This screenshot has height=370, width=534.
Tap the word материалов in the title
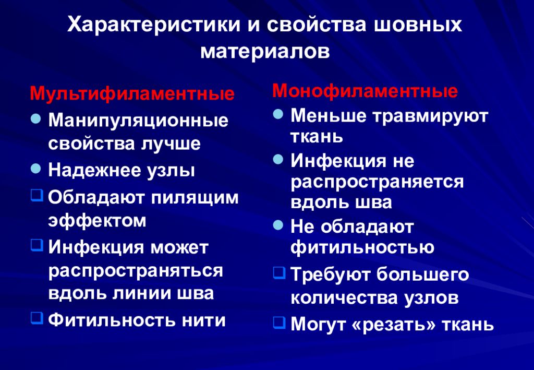265,52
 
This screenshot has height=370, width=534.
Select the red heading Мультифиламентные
132,94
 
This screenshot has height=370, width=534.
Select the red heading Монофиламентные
365,91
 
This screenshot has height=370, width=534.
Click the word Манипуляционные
138,121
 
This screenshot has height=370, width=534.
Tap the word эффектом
98,220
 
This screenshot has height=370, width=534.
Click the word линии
136,293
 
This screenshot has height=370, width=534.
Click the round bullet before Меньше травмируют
278,113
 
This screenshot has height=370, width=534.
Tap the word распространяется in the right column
377,181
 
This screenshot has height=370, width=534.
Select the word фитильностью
362,247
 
